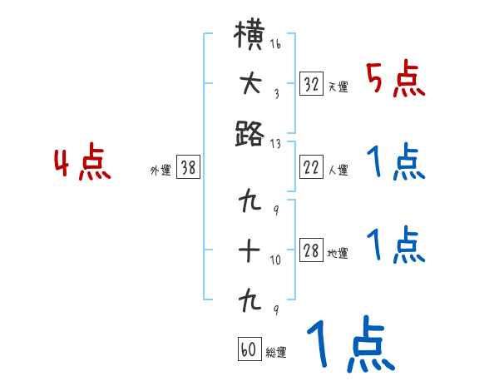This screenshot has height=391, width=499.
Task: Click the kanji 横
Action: click(x=250, y=38)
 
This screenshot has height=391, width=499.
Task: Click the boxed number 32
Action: click(x=312, y=84)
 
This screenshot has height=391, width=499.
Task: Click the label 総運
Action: click(x=275, y=352)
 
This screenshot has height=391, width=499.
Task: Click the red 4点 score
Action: click(x=82, y=165)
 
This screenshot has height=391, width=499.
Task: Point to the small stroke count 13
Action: click(x=275, y=142)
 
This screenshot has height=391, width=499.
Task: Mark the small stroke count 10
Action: click(x=275, y=260)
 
